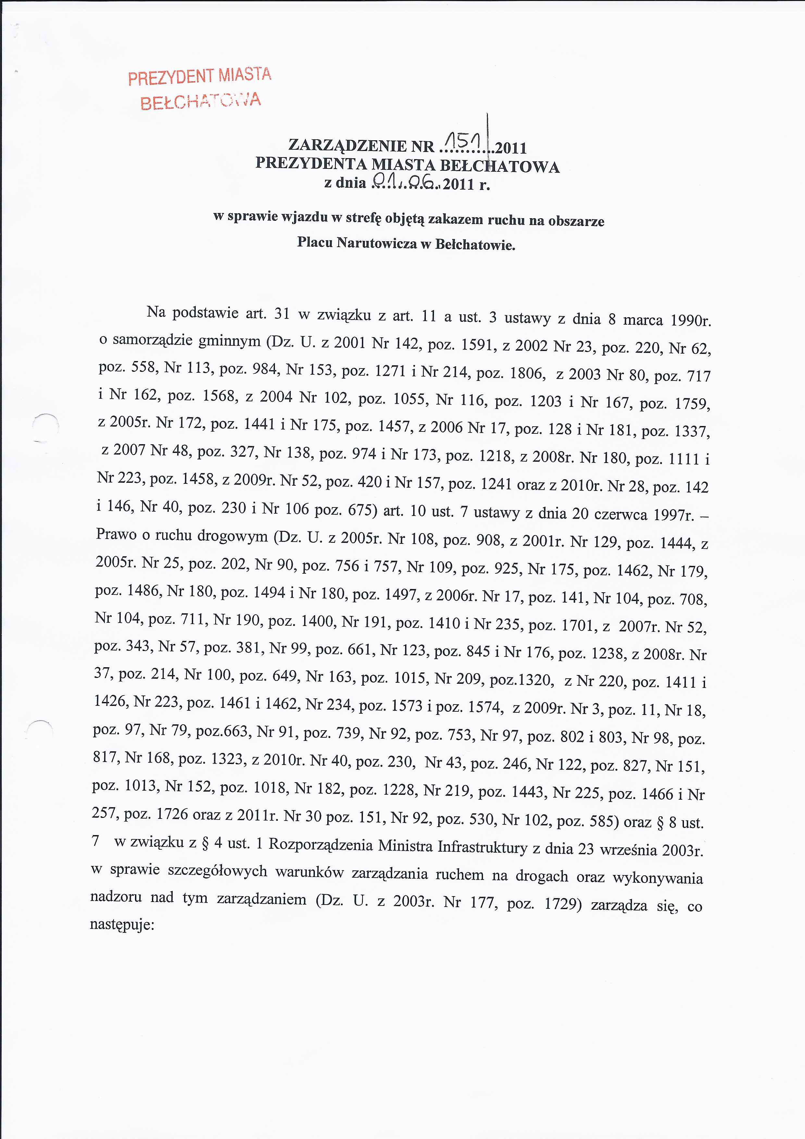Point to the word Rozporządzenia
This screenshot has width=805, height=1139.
(320, 845)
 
